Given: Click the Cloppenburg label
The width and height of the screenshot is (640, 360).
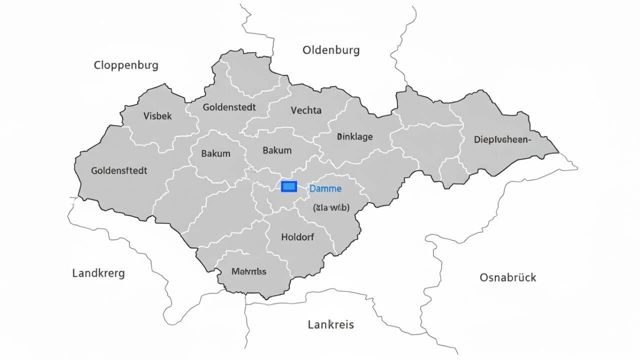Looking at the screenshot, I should click(126, 65).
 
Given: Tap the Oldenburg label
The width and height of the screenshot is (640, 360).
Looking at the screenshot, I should click(330, 50).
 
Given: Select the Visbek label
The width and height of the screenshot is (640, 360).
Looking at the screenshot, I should click(157, 116).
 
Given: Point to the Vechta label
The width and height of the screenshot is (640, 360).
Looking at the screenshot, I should click(306, 110).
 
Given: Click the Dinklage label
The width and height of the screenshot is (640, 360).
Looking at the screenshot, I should click(354, 136).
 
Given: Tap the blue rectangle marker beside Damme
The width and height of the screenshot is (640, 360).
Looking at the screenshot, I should click(289, 186).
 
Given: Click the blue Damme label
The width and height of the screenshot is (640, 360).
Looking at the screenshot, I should click(325, 189).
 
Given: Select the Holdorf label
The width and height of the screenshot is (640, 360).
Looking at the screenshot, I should click(298, 237).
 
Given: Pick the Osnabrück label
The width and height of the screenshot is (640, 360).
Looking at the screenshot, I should click(507, 277).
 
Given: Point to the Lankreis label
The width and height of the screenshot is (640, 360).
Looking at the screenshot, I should click(330, 324).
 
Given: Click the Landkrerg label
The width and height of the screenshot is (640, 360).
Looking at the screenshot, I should click(98, 273).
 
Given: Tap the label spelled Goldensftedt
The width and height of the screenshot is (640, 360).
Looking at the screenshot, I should click(119, 170).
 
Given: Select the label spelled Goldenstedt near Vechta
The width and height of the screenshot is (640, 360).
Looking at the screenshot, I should click(229, 107).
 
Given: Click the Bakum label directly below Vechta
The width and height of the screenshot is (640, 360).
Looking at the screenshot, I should click(276, 150).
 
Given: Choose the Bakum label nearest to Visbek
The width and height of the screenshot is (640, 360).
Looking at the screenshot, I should click(215, 153).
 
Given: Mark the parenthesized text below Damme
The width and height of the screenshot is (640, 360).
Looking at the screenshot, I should click(331, 207).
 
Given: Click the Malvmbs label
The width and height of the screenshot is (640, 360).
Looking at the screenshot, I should click(249, 272).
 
